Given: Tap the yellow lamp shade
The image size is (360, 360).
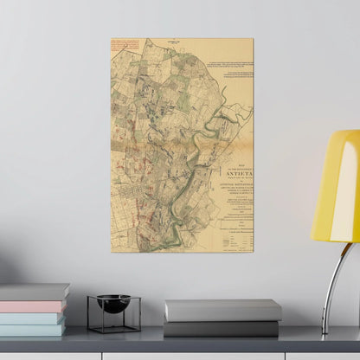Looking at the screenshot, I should (338, 187).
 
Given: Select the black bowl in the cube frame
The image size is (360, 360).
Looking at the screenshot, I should (113, 303).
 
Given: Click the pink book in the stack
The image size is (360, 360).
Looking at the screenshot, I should (34, 306).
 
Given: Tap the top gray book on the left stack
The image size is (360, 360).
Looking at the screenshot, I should (35, 292).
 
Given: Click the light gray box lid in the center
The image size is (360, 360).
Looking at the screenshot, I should (223, 310).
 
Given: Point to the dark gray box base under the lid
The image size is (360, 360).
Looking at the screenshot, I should (223, 328).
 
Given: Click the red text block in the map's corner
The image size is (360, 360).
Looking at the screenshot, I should (125, 46).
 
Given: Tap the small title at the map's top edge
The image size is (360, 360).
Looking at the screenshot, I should (182, 41).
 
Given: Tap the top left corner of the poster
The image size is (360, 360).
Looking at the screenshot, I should (112, 39).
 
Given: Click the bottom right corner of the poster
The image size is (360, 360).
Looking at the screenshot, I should (253, 252).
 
